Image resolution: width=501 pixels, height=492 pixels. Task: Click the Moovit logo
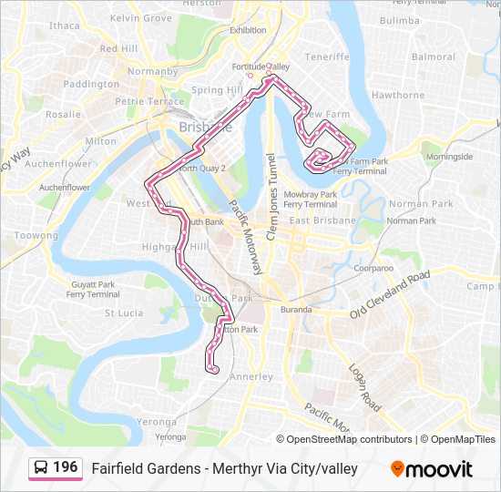432,469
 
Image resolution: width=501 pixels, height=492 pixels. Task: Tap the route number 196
66,467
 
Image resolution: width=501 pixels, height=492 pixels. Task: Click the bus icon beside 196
41,468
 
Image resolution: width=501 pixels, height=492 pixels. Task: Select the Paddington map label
91,84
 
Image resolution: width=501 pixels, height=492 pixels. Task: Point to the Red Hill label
118,48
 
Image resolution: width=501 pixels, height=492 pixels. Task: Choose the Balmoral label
434,56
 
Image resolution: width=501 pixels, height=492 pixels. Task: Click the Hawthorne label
398,95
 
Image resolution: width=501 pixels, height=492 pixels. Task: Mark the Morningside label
449,157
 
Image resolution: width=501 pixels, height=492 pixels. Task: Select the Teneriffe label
327,56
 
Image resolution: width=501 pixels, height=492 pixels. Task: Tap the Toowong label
36,235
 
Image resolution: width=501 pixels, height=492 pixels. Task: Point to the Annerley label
251,376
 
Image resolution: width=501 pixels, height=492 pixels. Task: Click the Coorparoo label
373,269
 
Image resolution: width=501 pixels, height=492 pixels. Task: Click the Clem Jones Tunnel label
271,182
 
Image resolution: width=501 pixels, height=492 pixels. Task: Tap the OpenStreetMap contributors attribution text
344,439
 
